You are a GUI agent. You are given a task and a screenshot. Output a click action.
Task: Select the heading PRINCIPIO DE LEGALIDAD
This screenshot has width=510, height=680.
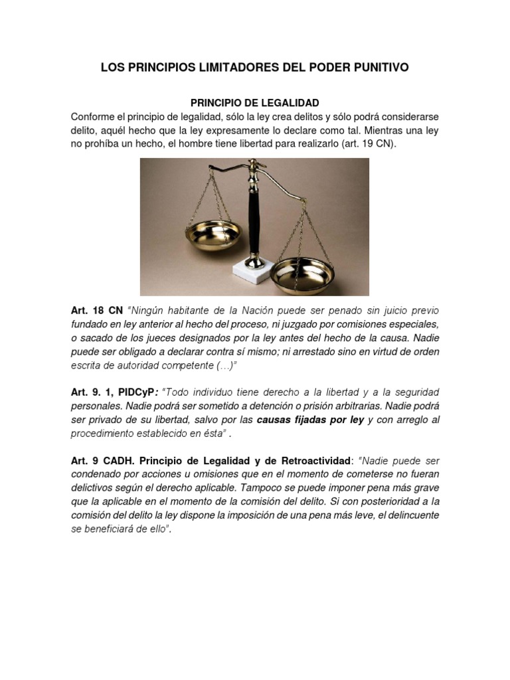[255, 103]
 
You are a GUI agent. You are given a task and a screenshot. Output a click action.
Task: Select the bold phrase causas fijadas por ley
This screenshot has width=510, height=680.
[310, 420]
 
